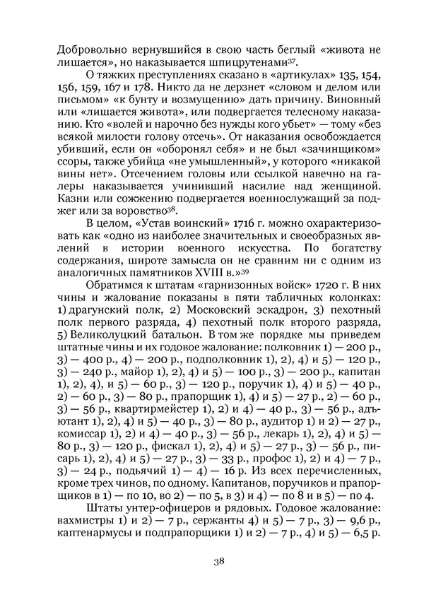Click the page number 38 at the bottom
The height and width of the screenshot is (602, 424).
[x=218, y=582]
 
